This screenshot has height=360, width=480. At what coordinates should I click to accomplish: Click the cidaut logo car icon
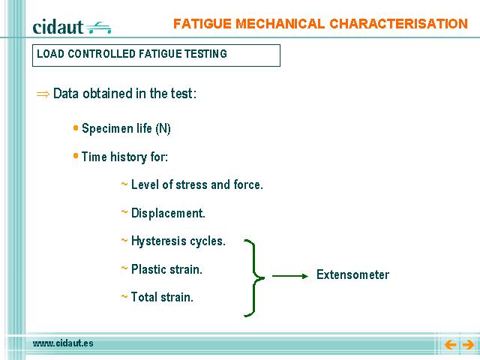point(99,28)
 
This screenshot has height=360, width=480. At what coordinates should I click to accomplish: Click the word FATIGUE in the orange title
point(202,24)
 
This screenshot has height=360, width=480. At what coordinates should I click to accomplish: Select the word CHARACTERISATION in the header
point(398,24)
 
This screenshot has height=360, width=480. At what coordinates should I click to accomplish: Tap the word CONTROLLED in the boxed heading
point(101,54)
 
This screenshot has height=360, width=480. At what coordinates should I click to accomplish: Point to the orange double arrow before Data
point(43,94)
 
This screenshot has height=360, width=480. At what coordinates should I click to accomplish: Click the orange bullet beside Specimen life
point(76,127)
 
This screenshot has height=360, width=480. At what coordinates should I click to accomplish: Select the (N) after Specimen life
point(163,128)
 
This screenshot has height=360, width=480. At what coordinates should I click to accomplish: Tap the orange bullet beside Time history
point(76,156)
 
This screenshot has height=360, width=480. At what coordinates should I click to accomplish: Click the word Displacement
point(168,213)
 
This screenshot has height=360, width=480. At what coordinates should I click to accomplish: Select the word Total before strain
point(144,297)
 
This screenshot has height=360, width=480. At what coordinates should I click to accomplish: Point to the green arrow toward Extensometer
point(290,276)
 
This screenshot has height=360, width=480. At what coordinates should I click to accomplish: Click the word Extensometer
point(352,274)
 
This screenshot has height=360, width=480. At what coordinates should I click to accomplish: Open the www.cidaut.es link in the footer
point(63,343)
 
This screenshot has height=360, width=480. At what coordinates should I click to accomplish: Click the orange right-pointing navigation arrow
point(468,345)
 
